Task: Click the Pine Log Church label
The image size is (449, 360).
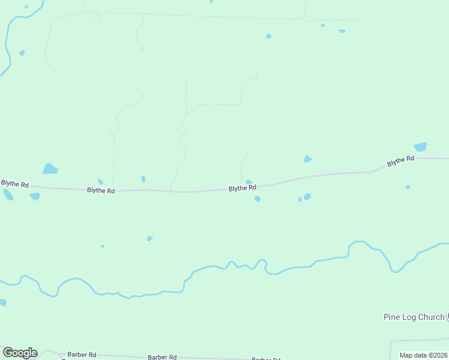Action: pyautogui.click(x=414, y=317)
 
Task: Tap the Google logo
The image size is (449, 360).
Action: pyautogui.click(x=20, y=353)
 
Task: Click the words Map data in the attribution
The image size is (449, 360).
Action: pyautogui.click(x=412, y=355)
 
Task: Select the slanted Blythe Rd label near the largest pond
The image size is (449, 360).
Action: pyautogui.click(x=400, y=161)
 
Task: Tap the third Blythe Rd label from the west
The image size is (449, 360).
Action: pyautogui.click(x=242, y=188)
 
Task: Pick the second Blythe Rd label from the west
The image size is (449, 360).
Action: pyautogui.click(x=100, y=190)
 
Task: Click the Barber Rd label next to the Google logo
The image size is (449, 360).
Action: pyautogui.click(x=82, y=355)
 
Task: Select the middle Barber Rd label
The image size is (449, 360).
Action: pyautogui.click(x=162, y=357)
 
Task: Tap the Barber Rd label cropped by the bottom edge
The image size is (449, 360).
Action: pyautogui.click(x=266, y=359)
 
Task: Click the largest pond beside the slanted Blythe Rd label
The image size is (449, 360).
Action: pyautogui.click(x=420, y=147)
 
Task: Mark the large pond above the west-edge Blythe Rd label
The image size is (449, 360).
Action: pyautogui.click(x=50, y=169)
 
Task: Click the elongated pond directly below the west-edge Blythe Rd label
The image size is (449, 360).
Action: pyautogui.click(x=8, y=194)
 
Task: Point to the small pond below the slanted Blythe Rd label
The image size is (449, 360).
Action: pyautogui.click(x=408, y=187)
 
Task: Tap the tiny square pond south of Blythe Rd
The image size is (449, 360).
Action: pyautogui.click(x=300, y=199)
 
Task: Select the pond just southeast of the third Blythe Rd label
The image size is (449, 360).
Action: pyautogui.click(x=258, y=199)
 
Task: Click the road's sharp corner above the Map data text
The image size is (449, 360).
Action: pyautogui.click(x=392, y=341)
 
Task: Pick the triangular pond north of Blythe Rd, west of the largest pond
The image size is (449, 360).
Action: pyautogui.click(x=307, y=159)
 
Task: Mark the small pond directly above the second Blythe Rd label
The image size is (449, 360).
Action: pyautogui.click(x=100, y=181)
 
